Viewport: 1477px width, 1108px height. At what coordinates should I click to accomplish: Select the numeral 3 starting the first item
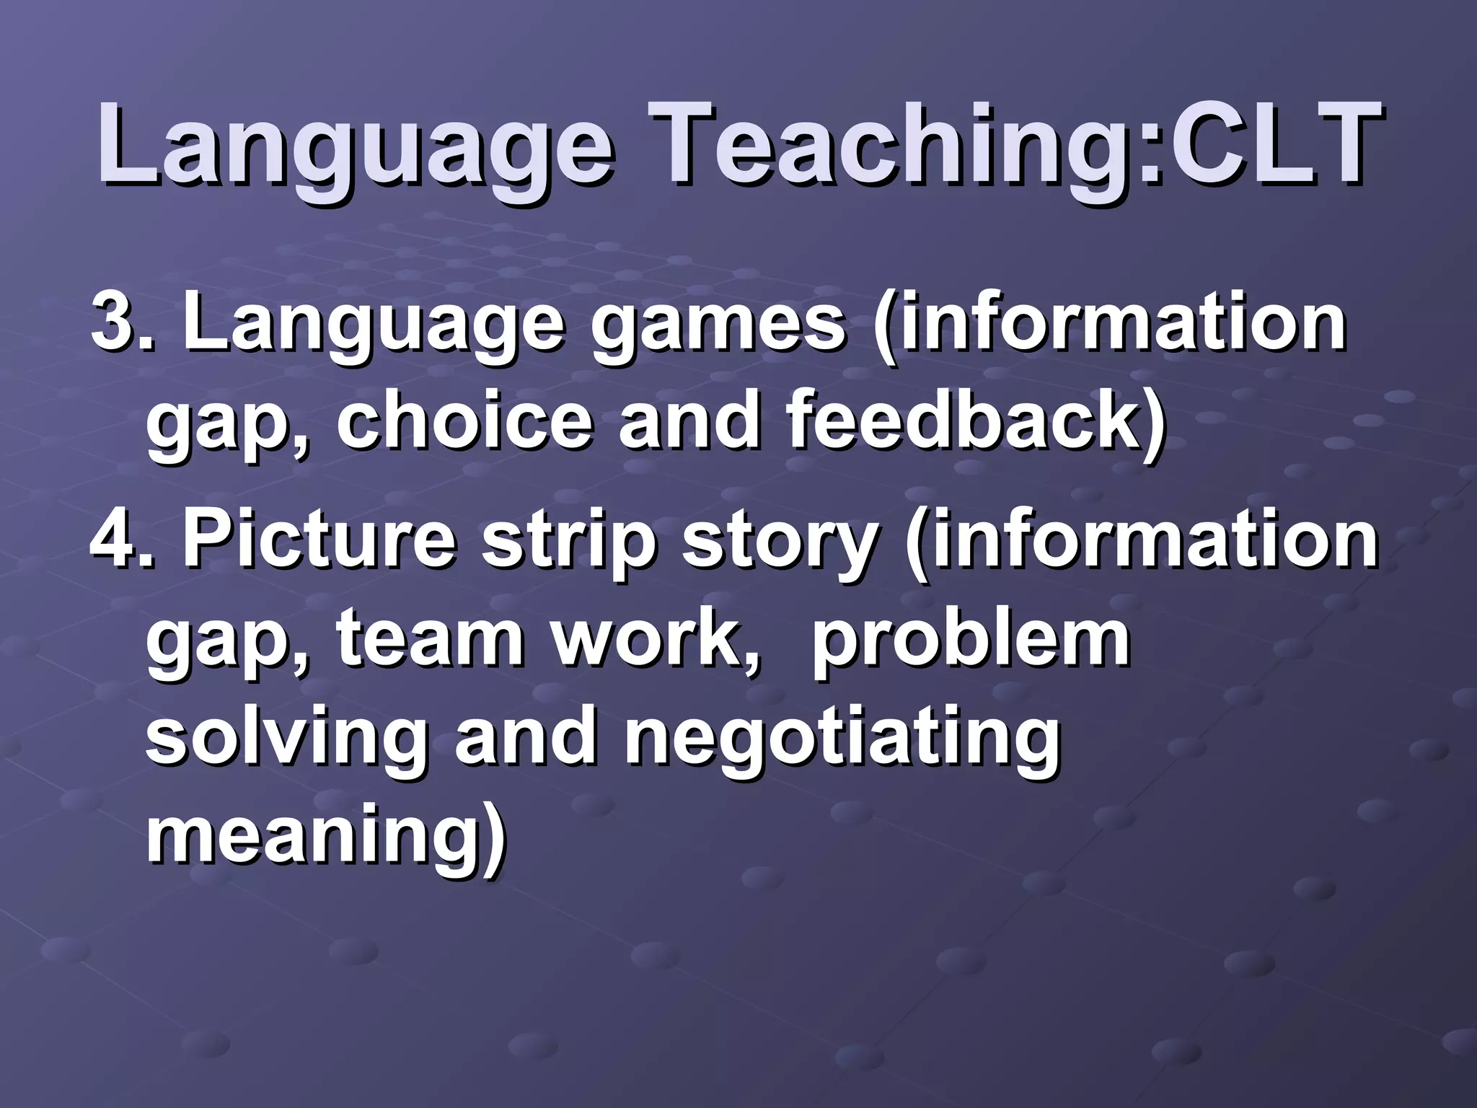[x=112, y=321]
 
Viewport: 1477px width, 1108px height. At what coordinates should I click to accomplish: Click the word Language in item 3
[x=371, y=325]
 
